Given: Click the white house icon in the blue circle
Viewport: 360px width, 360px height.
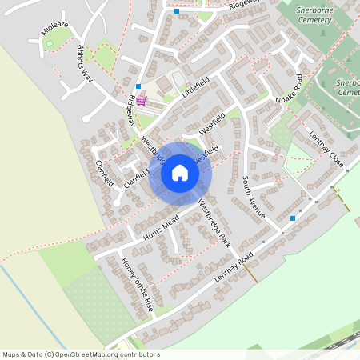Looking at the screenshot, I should (180, 173).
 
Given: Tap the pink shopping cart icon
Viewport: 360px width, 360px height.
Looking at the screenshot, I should (142, 100).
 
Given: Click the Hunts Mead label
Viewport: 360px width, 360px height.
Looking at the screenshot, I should (161, 228).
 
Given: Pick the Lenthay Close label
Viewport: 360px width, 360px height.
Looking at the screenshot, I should (327, 150).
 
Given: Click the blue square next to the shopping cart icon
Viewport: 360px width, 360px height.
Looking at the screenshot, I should (138, 86).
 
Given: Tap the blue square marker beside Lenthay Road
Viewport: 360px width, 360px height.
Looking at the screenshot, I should (293, 218).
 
